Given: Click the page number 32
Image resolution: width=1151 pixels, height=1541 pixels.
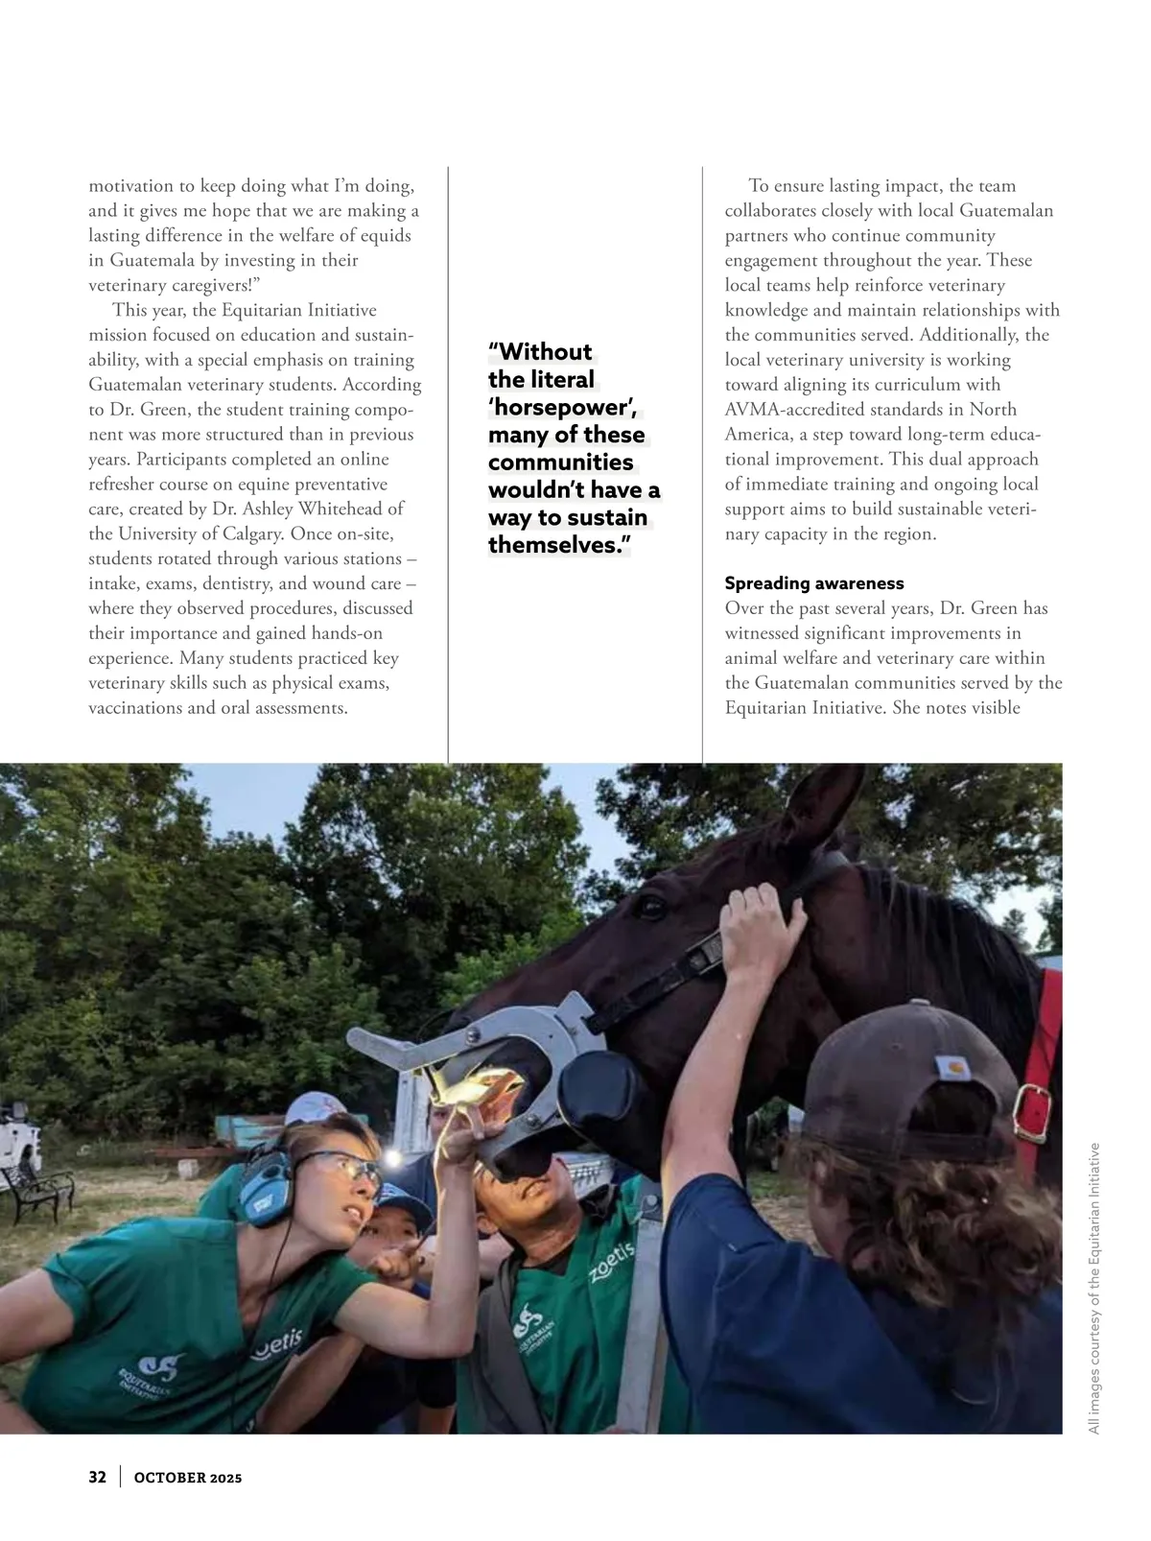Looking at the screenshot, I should point(97,1477).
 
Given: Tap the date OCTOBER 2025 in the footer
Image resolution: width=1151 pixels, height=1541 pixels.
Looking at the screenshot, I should point(188,1478).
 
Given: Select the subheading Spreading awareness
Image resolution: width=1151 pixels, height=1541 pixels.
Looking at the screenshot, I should point(813,583).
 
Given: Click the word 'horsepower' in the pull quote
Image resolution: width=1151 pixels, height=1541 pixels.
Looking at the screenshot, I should point(561,407).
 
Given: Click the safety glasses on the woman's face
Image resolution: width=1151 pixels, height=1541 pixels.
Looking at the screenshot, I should point(350,1168).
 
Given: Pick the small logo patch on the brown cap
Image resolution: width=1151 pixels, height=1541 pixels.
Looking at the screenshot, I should point(953,1064).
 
